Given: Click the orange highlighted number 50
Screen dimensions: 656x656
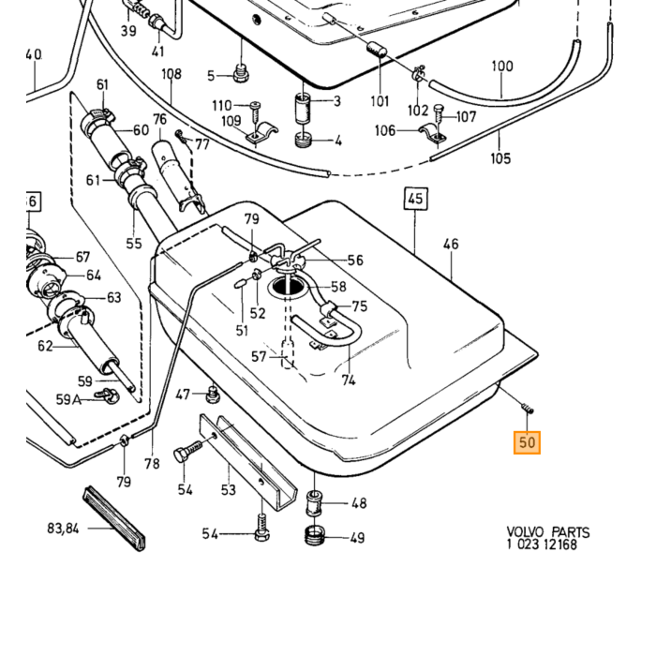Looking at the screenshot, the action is click(x=527, y=442).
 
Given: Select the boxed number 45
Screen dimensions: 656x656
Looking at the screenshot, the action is click(x=415, y=199).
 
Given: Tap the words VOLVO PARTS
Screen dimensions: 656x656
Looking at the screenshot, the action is click(x=548, y=532).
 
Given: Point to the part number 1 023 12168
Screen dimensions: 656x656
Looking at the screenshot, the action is click(x=542, y=544).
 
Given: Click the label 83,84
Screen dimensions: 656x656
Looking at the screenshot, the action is click(x=63, y=529).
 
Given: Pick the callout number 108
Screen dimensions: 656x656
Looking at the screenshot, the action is click(x=171, y=74).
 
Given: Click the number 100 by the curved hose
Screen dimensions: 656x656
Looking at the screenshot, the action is click(x=502, y=67).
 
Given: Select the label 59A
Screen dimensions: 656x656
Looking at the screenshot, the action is click(x=68, y=399).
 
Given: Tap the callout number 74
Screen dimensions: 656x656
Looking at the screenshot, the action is click(x=348, y=380).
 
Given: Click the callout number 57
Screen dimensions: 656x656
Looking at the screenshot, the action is click(x=259, y=356).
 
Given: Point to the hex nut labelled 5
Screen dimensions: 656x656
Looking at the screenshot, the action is click(x=241, y=74).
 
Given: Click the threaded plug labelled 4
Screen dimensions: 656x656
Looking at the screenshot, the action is click(x=305, y=140).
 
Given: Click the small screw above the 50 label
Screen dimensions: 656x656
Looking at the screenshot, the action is click(x=528, y=408).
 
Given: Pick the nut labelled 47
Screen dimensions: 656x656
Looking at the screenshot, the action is click(x=214, y=395).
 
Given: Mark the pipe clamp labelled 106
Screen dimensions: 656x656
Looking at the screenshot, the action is click(x=433, y=133).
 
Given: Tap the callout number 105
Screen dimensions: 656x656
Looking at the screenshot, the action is click(x=500, y=158).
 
